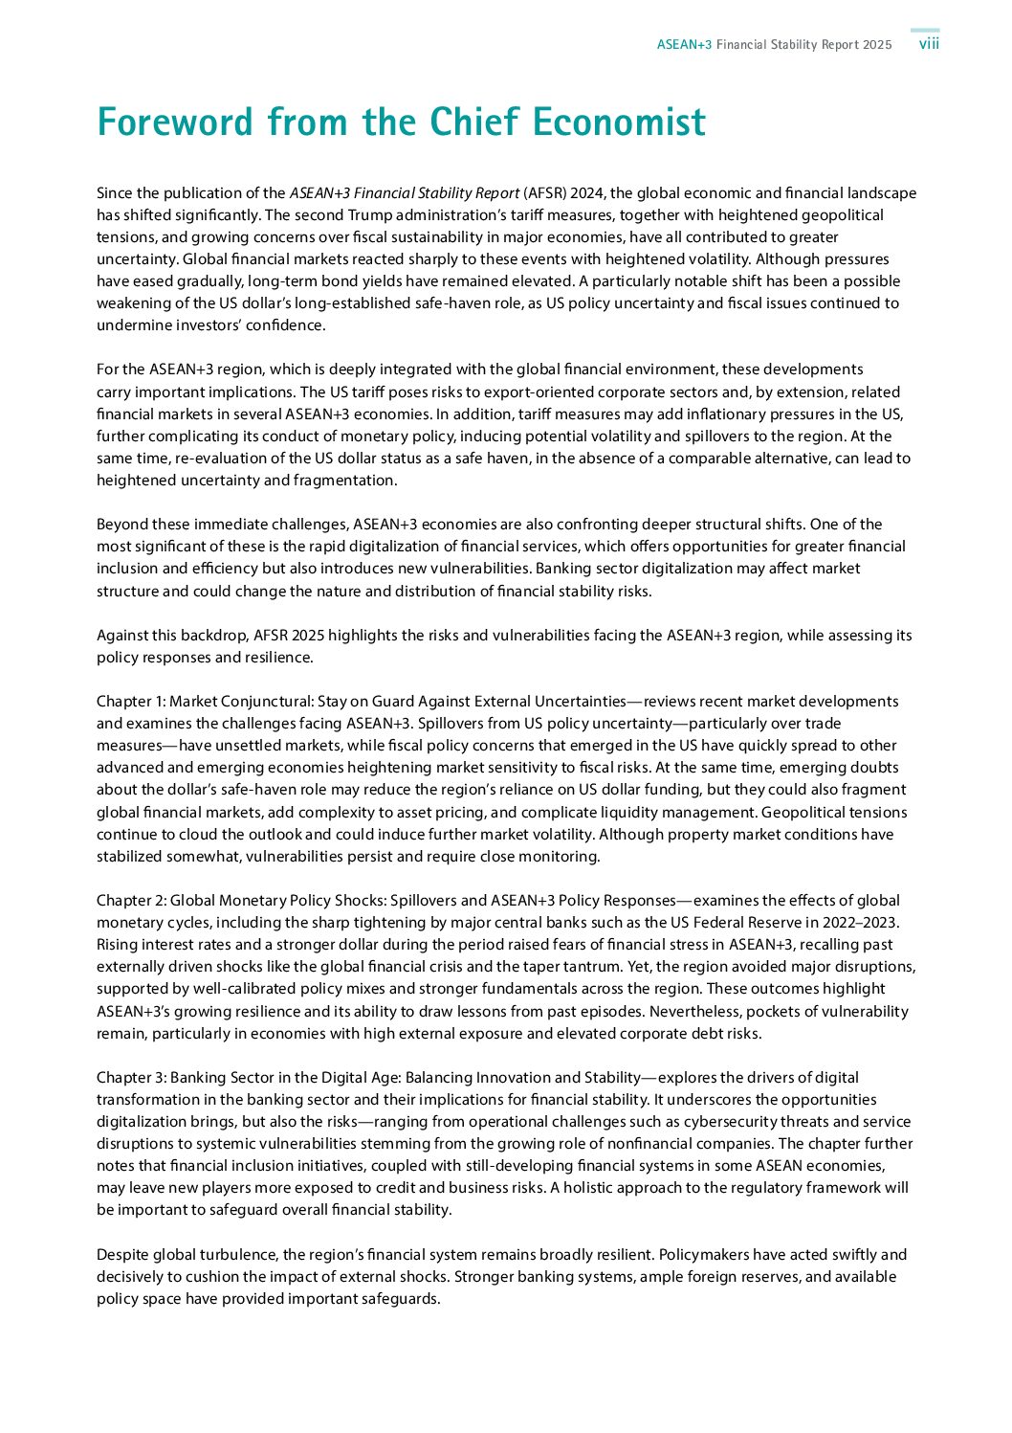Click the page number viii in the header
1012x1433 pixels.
tap(929, 45)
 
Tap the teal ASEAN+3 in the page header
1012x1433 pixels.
tap(684, 45)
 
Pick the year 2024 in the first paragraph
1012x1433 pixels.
tap(587, 193)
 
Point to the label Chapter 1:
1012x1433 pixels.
tap(131, 702)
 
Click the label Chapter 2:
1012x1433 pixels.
tap(131, 901)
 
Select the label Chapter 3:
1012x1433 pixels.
tap(131, 1078)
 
